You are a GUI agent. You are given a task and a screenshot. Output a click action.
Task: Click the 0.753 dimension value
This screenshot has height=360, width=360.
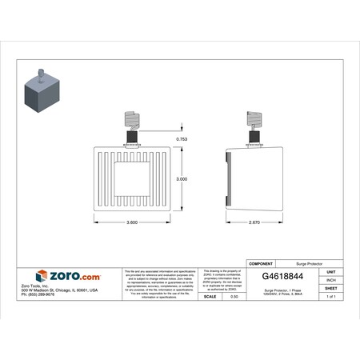point(182,139)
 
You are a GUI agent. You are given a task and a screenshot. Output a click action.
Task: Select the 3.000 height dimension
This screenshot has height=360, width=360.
point(182,179)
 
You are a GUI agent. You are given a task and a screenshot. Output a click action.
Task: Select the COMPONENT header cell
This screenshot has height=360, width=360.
point(263,262)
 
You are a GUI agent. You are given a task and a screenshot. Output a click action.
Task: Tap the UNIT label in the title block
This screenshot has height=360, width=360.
point(330,270)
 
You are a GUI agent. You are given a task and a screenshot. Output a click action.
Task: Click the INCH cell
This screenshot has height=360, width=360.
point(330,279)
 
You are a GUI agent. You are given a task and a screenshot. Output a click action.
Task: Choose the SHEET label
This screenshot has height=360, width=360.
point(330,288)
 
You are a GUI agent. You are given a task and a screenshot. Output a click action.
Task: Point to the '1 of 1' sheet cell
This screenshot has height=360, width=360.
point(330,297)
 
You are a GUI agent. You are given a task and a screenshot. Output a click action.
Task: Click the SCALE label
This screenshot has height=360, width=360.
point(211,297)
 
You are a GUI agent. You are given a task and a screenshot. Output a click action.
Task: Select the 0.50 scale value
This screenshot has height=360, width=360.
point(234,297)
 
